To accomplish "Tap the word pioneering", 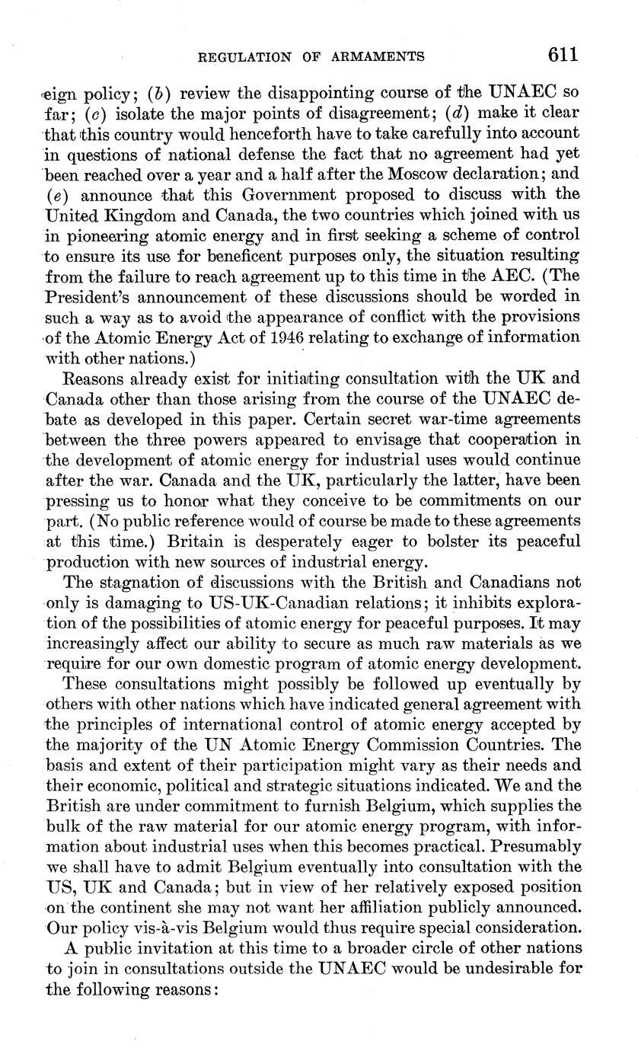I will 97,235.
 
